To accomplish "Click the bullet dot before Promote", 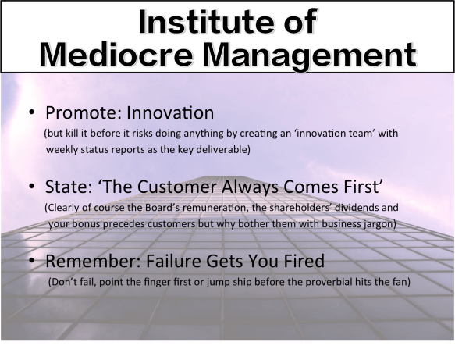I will point(32,115).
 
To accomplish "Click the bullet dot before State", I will point(32,190).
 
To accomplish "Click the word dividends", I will point(368,209).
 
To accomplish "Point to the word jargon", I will point(377,224).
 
